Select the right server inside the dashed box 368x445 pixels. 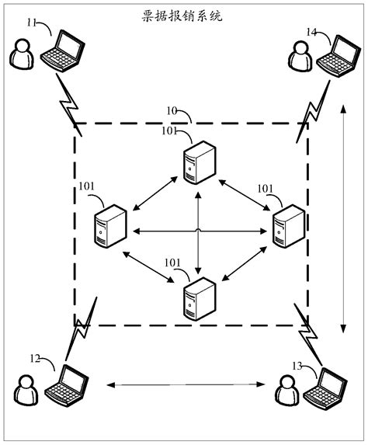[x=287, y=225]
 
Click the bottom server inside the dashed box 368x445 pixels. [x=198, y=298]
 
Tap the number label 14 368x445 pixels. [x=311, y=32]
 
